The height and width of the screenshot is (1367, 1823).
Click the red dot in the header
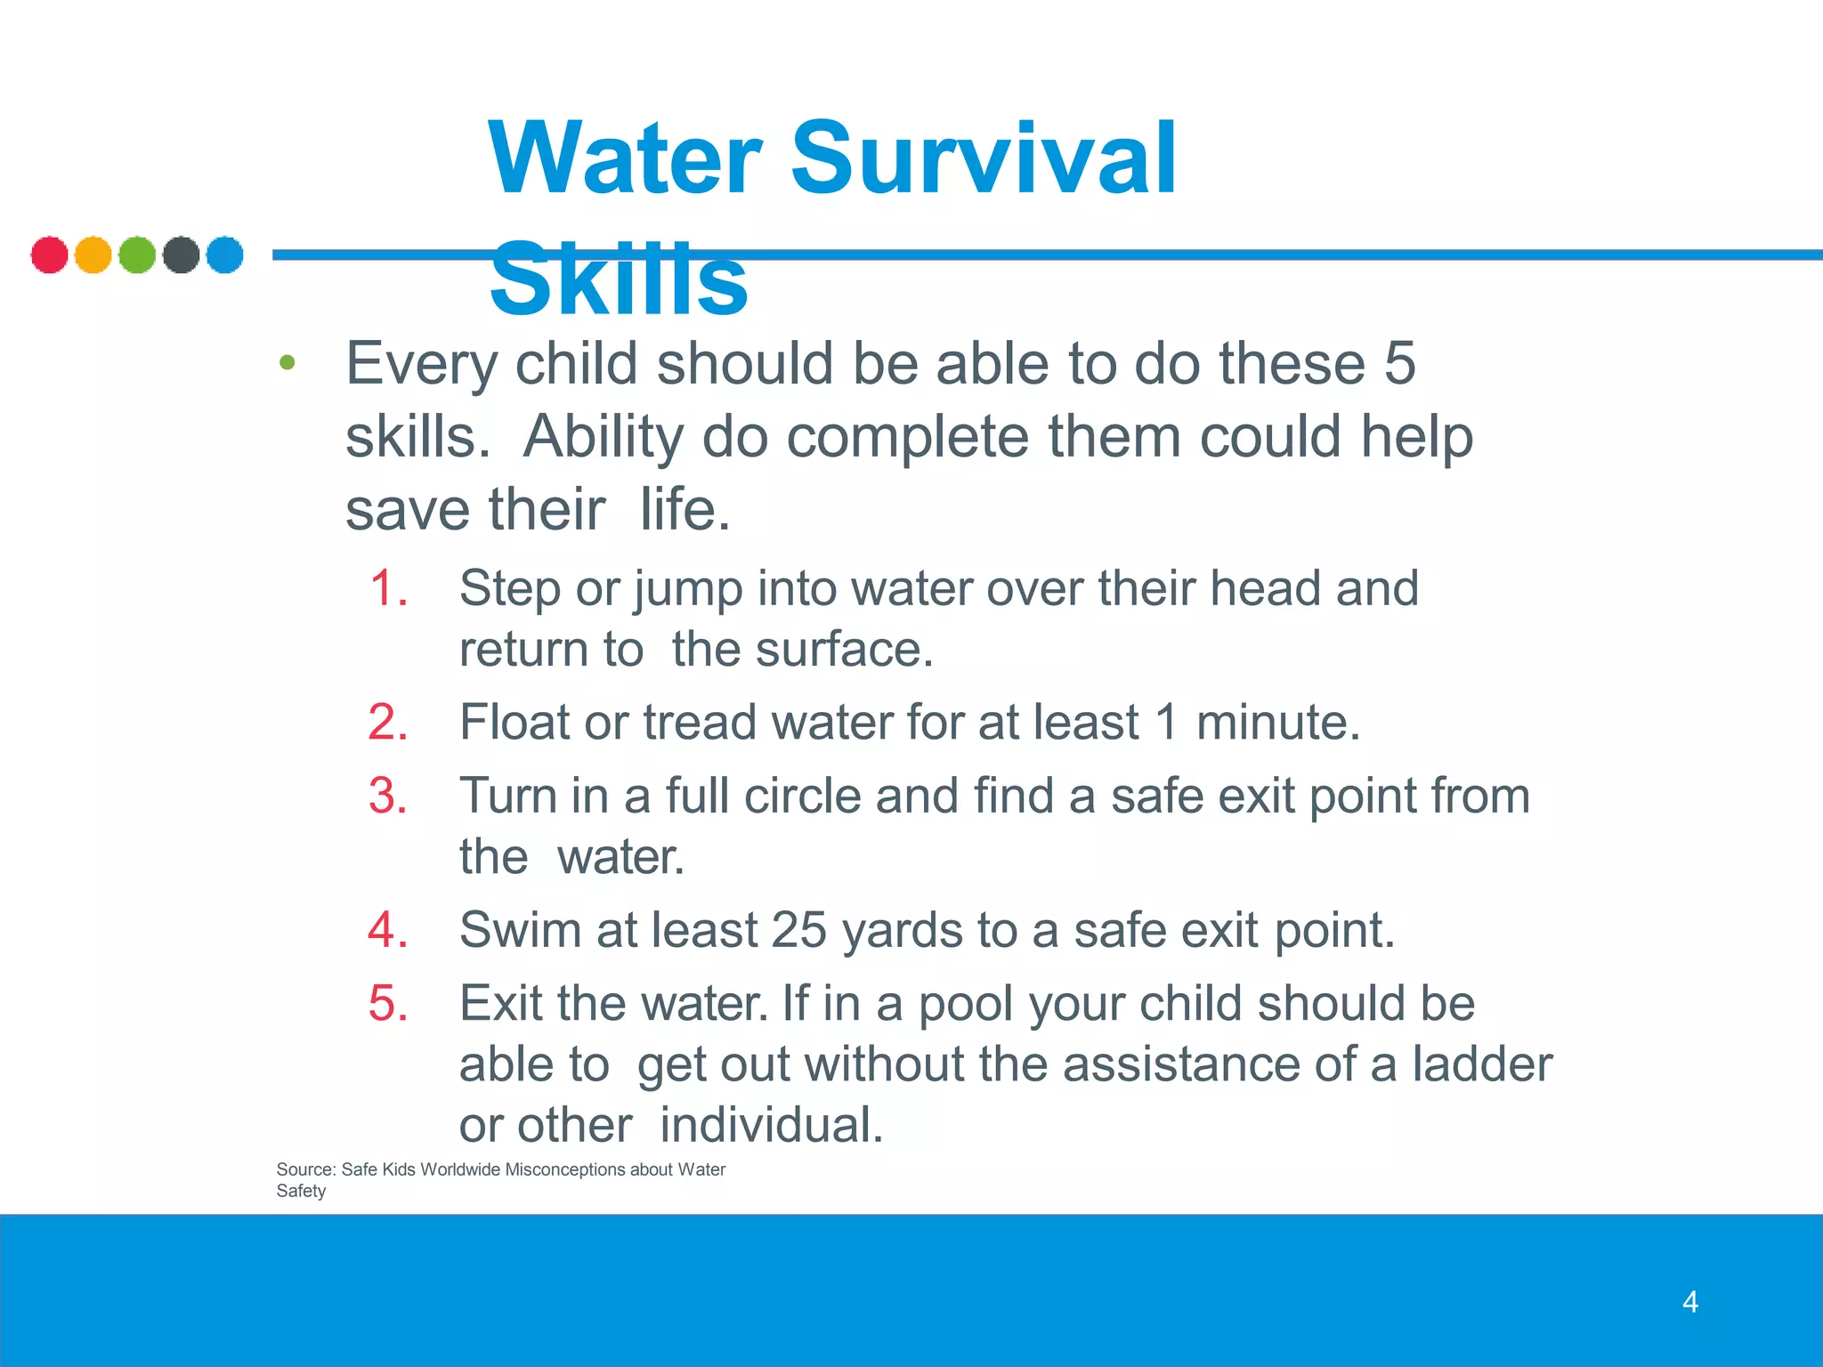49,255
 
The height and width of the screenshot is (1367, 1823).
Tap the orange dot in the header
93,255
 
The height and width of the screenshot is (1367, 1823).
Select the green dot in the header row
137,255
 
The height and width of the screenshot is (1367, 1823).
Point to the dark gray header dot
181,255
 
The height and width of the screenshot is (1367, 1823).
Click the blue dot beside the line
224,255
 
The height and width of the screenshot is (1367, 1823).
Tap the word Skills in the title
619,280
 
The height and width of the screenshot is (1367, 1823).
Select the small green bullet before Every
287,363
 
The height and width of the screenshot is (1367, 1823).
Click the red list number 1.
389,588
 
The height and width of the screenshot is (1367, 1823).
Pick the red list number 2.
389,722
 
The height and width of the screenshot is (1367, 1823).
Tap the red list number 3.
389,796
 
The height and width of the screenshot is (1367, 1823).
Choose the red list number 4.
389,930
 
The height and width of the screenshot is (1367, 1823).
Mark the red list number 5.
389,1004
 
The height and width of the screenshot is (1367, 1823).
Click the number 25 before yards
798,930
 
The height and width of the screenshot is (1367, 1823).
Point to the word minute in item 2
1277,722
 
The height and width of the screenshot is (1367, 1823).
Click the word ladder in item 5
1482,1064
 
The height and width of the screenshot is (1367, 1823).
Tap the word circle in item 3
802,796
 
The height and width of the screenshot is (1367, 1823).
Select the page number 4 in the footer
1690,1302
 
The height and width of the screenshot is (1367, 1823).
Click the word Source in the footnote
304,1169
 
